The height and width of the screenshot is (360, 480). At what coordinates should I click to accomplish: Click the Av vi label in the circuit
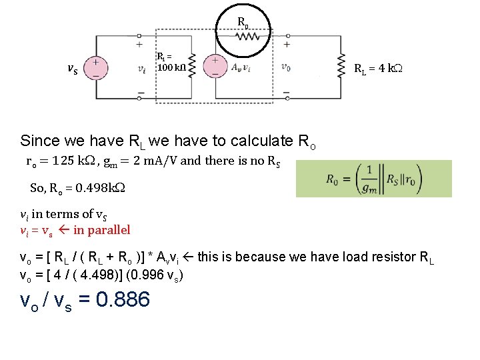pyautogui.click(x=240, y=67)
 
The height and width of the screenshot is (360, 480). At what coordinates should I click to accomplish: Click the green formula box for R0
pyautogui.click(x=373, y=178)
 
